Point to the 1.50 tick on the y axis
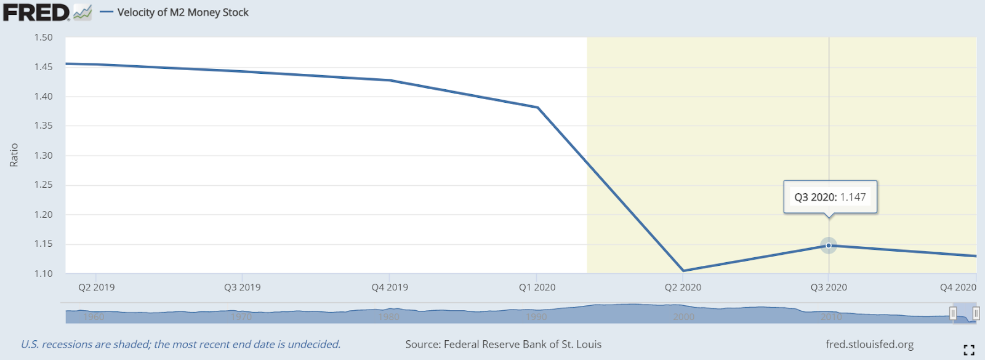pos(43,38)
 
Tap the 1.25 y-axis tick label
pos(43,185)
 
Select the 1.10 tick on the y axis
pos(43,273)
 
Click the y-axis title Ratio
pos(14,155)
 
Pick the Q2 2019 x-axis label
pos(96,287)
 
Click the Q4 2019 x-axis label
pos(390,287)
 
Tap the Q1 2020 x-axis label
pos(537,287)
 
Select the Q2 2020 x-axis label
pos(683,287)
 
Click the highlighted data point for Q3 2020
pos(829,246)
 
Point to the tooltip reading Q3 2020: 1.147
pos(830,197)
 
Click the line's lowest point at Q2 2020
pos(683,271)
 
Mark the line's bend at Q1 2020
pos(537,108)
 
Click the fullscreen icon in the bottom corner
pos(969,350)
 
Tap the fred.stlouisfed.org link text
pos(869,345)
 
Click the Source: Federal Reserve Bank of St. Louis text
pos(503,345)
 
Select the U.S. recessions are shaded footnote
pos(180,345)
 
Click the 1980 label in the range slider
pos(388,317)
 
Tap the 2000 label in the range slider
pos(683,317)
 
